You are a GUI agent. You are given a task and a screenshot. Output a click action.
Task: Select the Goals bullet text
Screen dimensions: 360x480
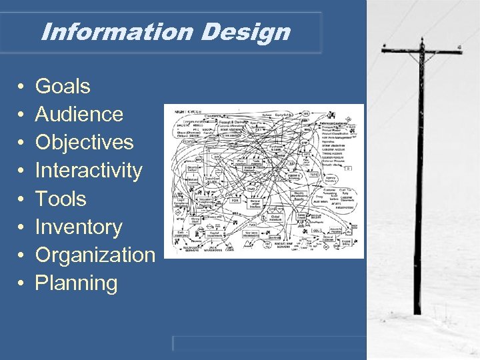coord(63,86)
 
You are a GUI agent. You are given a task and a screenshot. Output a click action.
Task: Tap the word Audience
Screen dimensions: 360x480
coord(79,114)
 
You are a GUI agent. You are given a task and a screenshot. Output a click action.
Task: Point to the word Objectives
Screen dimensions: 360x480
coord(84,142)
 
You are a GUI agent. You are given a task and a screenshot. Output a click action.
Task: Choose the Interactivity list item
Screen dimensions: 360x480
coord(89,171)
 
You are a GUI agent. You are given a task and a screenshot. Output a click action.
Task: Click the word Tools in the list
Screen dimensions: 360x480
coord(61,199)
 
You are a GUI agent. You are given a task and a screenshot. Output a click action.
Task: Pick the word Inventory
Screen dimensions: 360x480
coord(79,227)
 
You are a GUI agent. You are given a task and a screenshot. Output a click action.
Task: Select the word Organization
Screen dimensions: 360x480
coord(95,255)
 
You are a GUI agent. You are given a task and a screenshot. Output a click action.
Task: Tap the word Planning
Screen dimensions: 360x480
coord(76,283)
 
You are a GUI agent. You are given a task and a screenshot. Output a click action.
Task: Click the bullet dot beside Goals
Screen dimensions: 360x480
coord(21,87)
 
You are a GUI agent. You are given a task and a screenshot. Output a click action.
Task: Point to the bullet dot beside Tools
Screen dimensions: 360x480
coord(21,199)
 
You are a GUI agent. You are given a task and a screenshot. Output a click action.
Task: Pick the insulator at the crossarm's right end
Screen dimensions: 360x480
coord(459,48)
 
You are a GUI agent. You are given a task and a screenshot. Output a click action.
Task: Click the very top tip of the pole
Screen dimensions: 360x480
coord(421,39)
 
